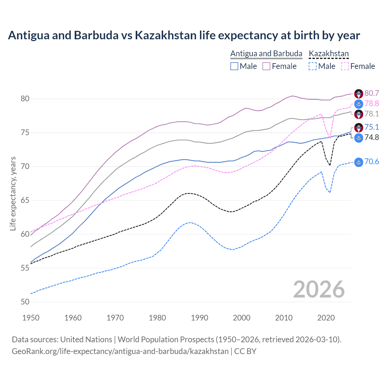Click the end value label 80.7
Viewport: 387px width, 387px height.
[372, 93]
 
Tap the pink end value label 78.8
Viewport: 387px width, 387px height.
[372, 103]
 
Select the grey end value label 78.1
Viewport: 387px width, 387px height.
[372, 114]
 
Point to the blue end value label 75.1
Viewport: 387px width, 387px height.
[372, 127]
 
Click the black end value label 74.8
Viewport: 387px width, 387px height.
[372, 137]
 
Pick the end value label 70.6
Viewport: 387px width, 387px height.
[372, 161]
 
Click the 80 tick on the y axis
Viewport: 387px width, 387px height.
[25, 99]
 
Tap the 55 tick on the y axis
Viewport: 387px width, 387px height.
[25, 268]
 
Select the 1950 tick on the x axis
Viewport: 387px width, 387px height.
[31, 318]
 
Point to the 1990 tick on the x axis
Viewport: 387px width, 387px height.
[200, 318]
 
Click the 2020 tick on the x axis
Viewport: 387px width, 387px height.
[326, 318]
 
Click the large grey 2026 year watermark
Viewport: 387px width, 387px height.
[319, 289]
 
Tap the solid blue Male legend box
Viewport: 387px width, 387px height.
[234, 66]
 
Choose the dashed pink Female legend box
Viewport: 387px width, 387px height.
[345, 66]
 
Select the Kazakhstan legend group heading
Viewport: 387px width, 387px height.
[329, 54]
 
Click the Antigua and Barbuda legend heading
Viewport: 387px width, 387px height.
[266, 54]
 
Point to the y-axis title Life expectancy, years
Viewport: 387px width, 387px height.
[13, 193]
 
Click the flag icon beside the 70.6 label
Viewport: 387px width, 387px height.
[359, 162]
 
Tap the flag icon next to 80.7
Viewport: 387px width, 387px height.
[359, 94]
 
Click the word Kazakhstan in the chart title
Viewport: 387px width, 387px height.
[166, 35]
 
